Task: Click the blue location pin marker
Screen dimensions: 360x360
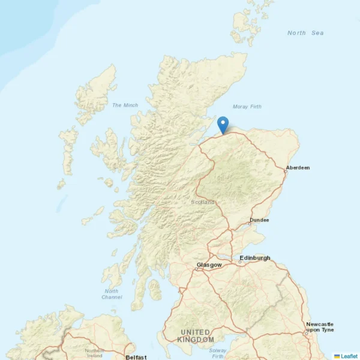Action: pos(223,124)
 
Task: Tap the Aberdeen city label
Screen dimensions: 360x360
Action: pos(298,167)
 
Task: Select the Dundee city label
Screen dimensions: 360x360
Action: pos(259,220)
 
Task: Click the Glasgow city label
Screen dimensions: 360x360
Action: pos(209,265)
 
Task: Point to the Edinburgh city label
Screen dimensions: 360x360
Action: pos(255,258)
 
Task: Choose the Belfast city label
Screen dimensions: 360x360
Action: pos(136,357)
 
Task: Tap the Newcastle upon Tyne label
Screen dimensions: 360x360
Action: pos(320,327)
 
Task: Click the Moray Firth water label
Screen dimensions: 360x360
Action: pos(247,107)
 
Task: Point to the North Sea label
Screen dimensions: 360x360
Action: pos(305,33)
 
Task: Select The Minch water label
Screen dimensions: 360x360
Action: pos(125,105)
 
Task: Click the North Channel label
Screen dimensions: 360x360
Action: pos(112,294)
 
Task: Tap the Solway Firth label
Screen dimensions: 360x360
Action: pos(217,353)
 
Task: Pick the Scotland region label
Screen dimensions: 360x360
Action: pos(202,202)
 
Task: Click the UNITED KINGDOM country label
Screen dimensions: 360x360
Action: pos(196,336)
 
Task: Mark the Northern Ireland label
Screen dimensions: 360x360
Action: pos(94,353)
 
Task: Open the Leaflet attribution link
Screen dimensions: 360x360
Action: pos(349,356)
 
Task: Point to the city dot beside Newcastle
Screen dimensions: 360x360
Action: pos(305,333)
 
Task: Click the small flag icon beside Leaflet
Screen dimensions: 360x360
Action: pos(337,356)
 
